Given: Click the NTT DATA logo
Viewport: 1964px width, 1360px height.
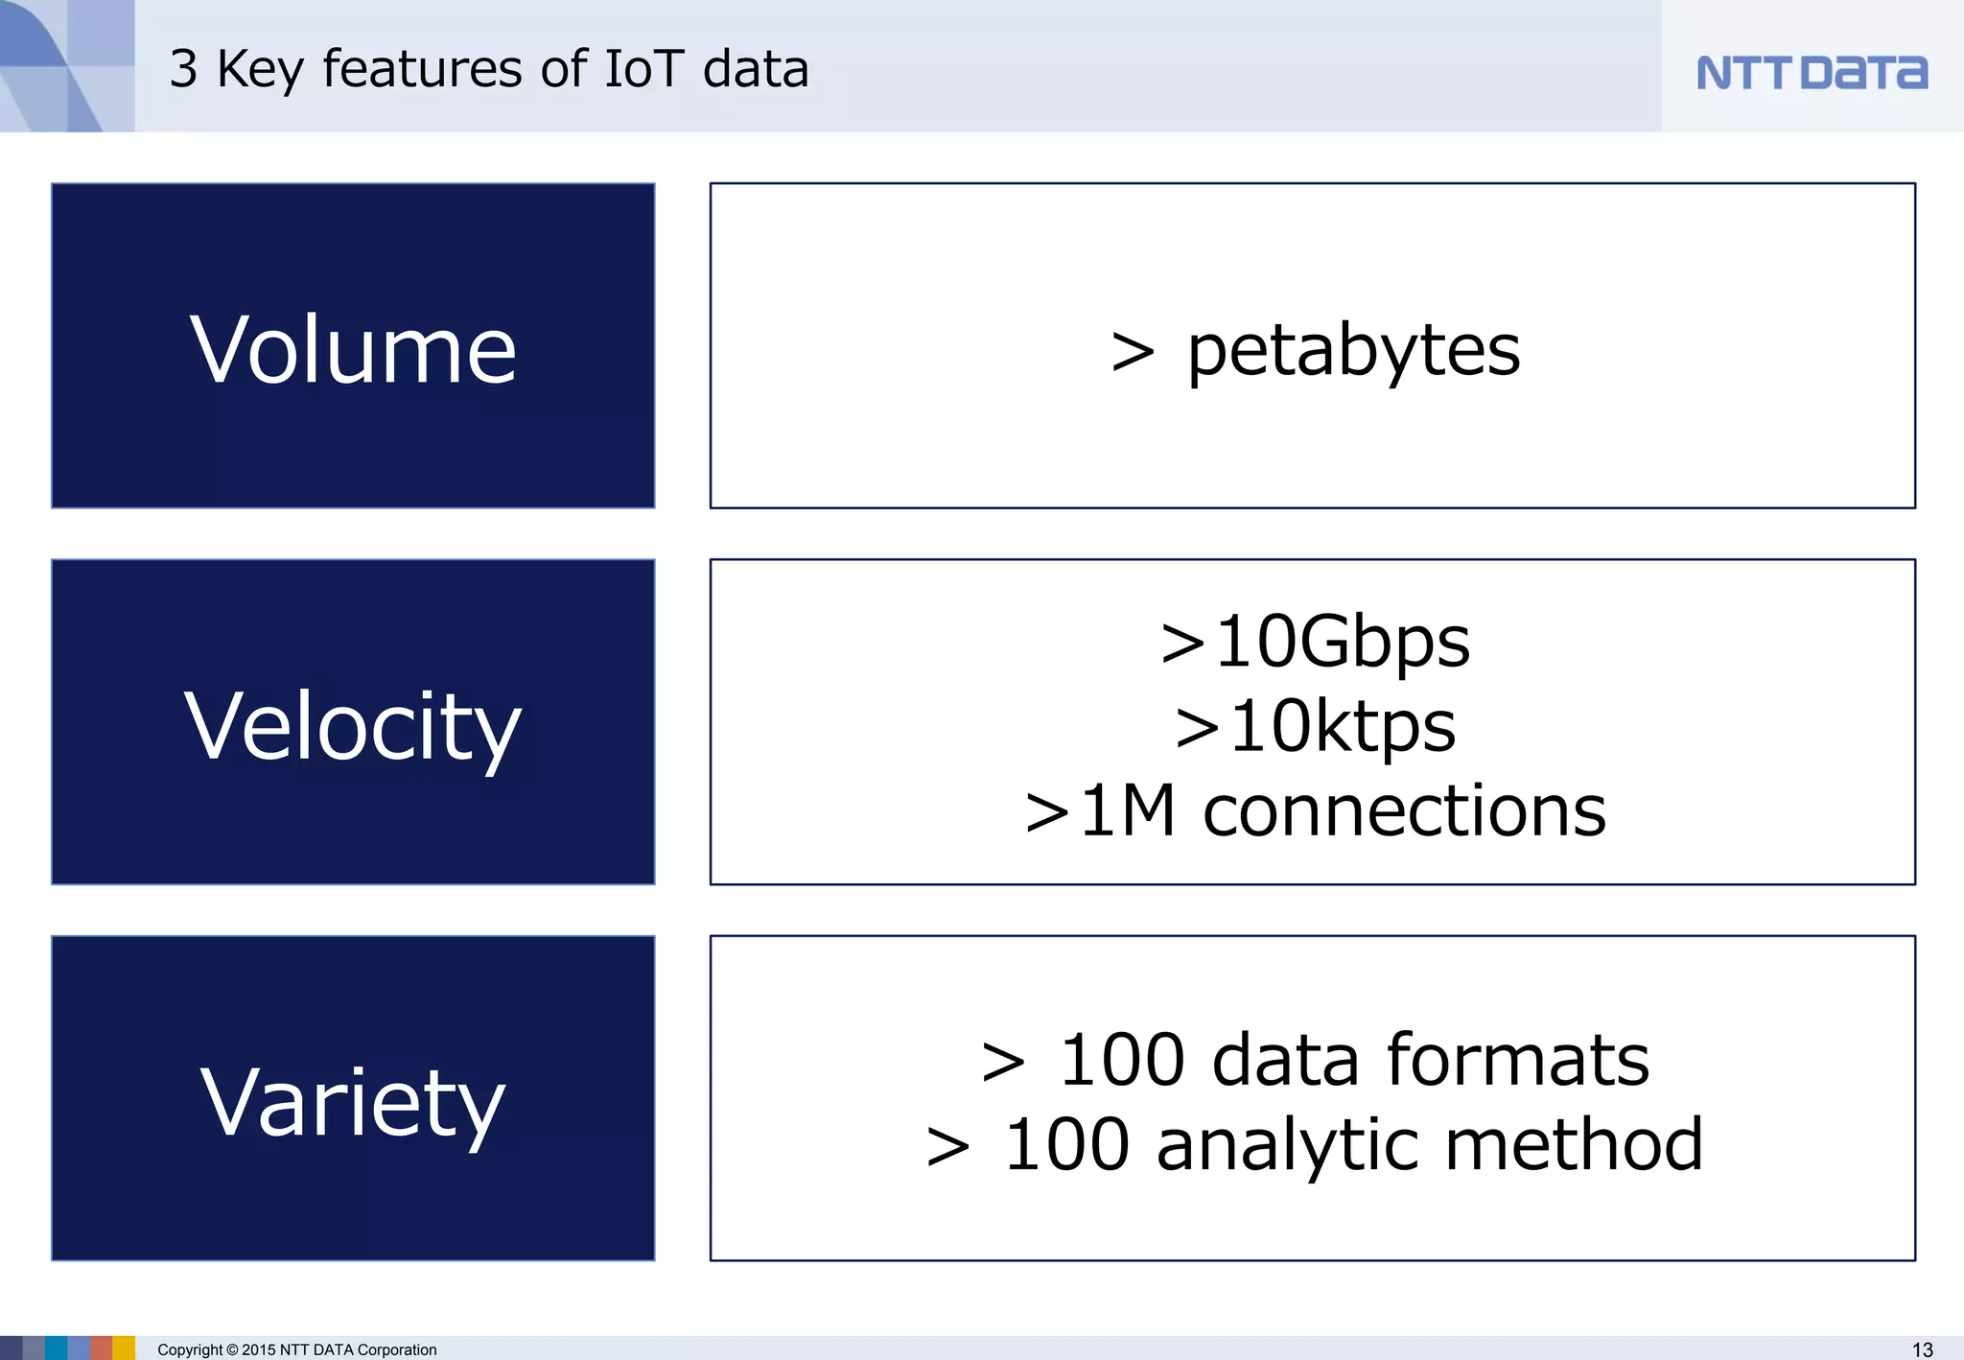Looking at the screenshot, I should tap(1812, 73).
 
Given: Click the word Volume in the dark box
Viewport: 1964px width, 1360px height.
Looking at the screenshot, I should tap(353, 350).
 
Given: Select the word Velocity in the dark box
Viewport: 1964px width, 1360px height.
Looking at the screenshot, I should tap(353, 727).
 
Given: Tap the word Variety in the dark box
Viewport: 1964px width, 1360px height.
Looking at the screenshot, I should tap(353, 1103).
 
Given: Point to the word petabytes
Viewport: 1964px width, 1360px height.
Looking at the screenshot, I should tap(1353, 350).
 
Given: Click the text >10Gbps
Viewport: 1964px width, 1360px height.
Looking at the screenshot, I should tap(1315, 642).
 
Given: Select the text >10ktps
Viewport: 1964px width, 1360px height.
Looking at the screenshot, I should tap(1315, 726).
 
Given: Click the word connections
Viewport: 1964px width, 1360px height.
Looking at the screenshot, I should tap(1404, 811).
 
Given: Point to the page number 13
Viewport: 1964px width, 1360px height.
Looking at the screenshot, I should tap(1922, 1349).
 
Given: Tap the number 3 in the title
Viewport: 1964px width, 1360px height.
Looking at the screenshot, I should tap(183, 69).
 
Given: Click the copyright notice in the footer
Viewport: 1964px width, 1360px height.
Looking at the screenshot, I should tap(296, 1349).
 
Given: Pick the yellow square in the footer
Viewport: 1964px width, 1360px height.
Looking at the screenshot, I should tap(124, 1348).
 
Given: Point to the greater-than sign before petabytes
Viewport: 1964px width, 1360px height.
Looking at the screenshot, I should tap(1133, 352).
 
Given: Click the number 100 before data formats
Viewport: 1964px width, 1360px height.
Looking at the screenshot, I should tap(1121, 1060).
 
